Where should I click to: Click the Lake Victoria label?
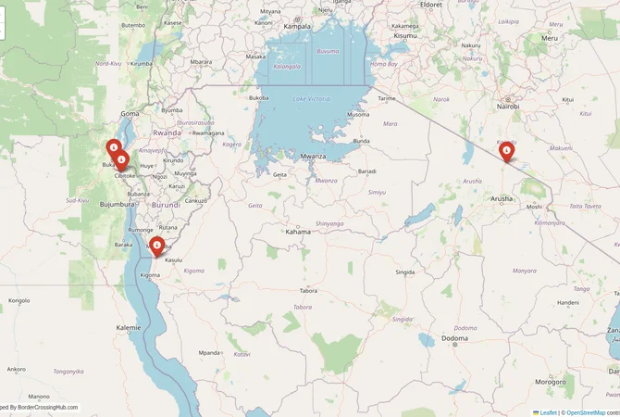click(312, 98)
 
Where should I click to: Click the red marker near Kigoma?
click(156, 246)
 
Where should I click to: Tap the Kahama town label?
click(298, 231)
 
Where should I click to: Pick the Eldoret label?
click(432, 5)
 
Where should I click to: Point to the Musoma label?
click(357, 115)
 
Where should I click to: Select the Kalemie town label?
click(129, 327)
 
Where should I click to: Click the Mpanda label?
click(210, 352)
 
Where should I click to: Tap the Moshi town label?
click(534, 206)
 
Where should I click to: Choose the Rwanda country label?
click(167, 133)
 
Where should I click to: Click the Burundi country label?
click(167, 204)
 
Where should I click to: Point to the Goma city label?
click(130, 113)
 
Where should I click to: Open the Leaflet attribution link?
click(548, 411)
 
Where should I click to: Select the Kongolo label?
click(19, 300)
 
